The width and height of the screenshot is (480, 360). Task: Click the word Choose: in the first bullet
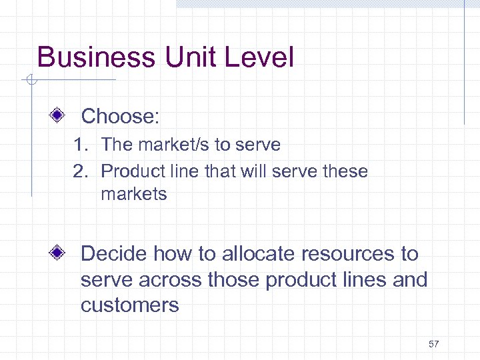point(120,117)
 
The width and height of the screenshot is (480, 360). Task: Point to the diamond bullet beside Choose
point(58,116)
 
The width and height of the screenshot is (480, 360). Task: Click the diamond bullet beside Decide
point(58,253)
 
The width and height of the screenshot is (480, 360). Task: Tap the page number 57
point(434,344)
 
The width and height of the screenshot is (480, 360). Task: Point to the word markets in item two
point(134,195)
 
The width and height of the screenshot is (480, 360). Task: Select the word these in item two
point(345,171)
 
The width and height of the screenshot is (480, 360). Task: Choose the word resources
point(348,254)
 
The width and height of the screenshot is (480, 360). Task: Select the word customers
point(130,306)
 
